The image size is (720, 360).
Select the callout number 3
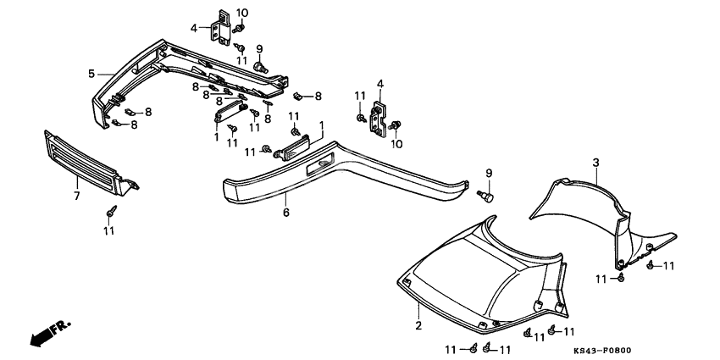point(595,162)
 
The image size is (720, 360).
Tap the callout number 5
point(91,74)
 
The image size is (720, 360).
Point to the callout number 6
point(286,213)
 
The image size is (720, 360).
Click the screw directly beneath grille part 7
point(109,210)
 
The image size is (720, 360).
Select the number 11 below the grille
point(109,230)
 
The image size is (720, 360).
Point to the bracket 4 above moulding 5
point(223,25)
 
